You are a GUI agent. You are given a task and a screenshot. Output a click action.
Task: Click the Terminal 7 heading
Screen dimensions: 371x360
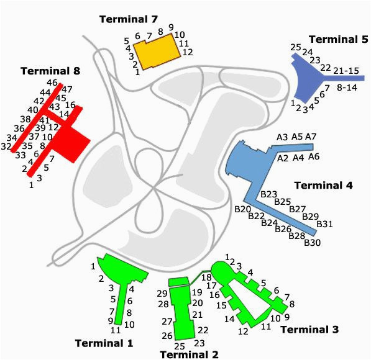coord(129,19)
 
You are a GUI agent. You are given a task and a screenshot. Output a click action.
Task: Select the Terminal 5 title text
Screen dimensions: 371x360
coord(339,39)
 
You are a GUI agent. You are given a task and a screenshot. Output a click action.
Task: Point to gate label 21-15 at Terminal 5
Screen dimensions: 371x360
coord(346,71)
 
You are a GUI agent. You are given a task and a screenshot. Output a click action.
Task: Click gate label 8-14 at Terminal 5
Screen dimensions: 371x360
coord(347,88)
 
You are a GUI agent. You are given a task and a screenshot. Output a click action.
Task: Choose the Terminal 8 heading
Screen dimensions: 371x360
coord(50,71)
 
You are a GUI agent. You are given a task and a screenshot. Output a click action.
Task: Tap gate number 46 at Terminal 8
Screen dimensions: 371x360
coord(52,83)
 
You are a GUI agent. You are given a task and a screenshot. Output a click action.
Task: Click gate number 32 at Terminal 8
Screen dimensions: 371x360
coord(6,146)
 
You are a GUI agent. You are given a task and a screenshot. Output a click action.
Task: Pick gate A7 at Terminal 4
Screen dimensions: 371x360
coord(311,137)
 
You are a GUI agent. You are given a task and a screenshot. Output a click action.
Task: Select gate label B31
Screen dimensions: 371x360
coord(324,224)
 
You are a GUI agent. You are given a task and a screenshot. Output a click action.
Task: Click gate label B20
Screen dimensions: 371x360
coord(242,209)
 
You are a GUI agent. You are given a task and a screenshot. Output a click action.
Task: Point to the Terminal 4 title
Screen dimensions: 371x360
coord(323,186)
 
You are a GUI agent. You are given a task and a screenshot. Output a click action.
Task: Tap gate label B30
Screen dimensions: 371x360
coord(312,243)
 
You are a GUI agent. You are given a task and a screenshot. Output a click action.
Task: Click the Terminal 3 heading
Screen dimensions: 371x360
coord(309,329)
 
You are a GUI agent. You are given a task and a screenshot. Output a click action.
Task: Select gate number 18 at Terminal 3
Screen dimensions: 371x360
coord(206,277)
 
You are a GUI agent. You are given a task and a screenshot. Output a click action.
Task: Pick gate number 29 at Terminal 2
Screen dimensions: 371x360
coord(162,294)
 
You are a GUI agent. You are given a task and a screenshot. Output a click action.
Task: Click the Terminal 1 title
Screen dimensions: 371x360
coord(104,343)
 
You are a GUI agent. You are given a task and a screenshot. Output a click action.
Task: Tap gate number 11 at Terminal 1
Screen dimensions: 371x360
coord(116,330)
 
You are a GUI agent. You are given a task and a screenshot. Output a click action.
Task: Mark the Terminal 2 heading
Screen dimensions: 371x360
coord(190,354)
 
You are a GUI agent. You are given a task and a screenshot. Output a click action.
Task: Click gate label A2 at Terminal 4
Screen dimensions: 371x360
coord(283,158)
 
